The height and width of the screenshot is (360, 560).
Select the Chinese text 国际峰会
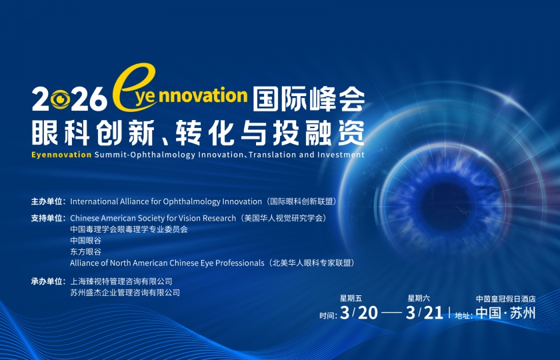(x=309, y=98)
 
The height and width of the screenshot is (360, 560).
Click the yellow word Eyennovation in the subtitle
(x=61, y=155)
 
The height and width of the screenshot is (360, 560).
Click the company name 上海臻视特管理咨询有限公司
(x=121, y=281)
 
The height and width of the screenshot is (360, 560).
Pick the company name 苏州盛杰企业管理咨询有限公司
(x=125, y=293)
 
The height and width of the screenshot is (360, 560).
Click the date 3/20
(x=359, y=313)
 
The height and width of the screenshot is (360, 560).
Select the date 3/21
(x=425, y=313)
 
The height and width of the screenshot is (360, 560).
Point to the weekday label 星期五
(x=351, y=298)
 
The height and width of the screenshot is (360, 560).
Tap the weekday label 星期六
(x=419, y=298)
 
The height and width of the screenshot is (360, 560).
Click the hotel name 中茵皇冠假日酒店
(x=506, y=299)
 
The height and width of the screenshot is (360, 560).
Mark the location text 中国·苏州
(x=506, y=313)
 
